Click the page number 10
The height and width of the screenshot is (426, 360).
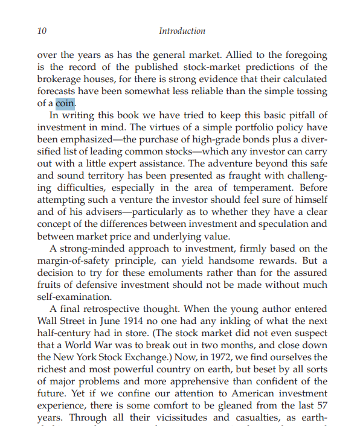(42, 31)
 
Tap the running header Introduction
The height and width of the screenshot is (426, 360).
(182, 31)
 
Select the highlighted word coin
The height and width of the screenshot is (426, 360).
(64, 103)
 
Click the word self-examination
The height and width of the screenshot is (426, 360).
(74, 296)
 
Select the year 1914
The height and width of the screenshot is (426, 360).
(143, 320)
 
